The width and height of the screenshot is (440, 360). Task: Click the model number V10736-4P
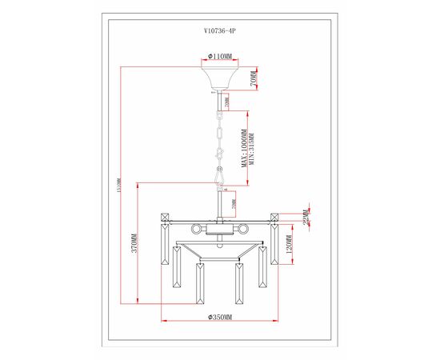coord(220,34)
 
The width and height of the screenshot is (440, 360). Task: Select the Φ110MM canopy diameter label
coord(220,57)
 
